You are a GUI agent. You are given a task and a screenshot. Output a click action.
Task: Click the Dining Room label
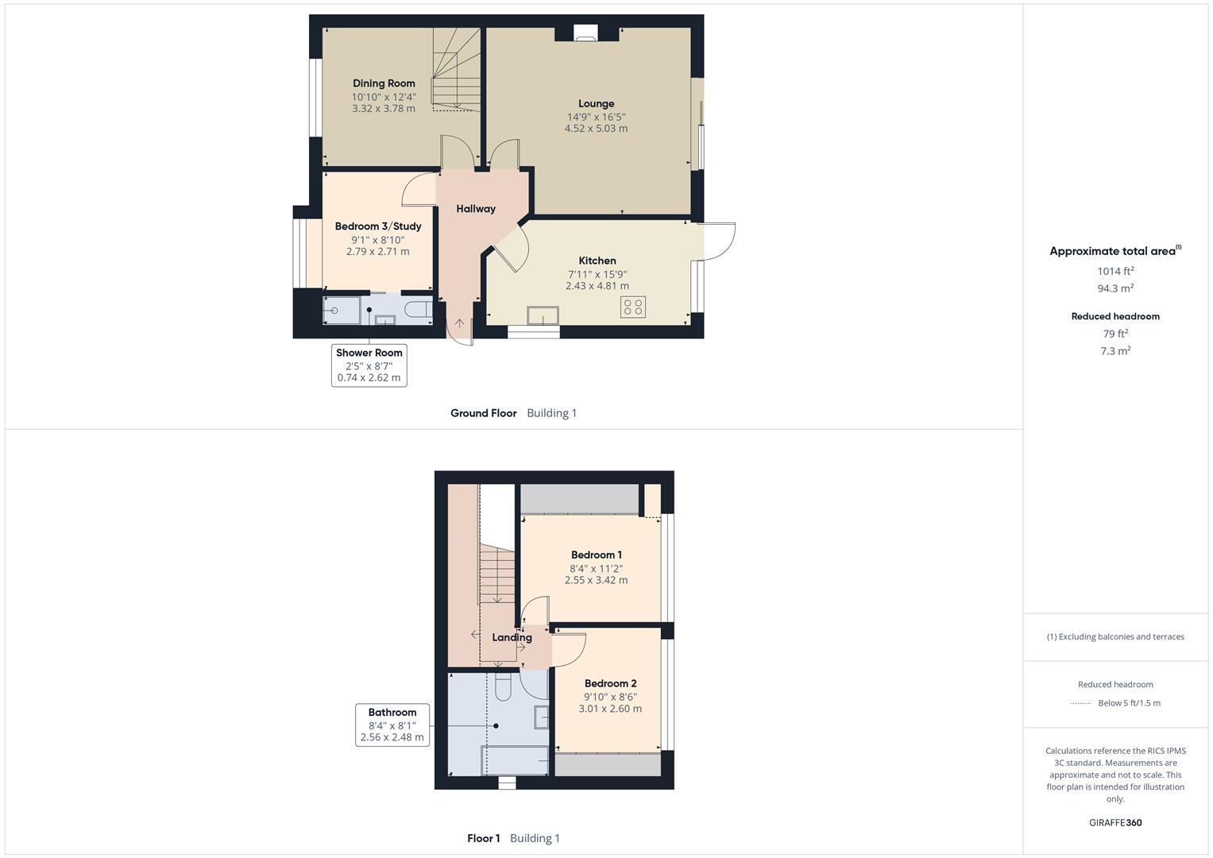pyautogui.click(x=384, y=83)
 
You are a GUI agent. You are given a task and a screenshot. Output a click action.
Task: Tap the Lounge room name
pyautogui.click(x=597, y=103)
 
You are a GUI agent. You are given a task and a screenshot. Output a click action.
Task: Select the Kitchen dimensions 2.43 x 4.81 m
pyautogui.click(x=597, y=285)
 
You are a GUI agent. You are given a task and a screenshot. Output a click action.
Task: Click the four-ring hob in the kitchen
pyautogui.click(x=632, y=307)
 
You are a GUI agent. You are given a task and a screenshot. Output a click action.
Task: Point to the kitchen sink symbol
pyautogui.click(x=543, y=316)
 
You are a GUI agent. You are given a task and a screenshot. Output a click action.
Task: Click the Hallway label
pyautogui.click(x=476, y=208)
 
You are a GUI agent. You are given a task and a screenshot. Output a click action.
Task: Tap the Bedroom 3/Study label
pyautogui.click(x=378, y=226)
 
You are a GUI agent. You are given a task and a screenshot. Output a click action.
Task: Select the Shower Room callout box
pyautogui.click(x=369, y=365)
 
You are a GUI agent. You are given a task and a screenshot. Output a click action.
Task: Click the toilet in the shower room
pyautogui.click(x=418, y=309)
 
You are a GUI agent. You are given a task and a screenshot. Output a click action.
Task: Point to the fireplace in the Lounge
pyautogui.click(x=585, y=33)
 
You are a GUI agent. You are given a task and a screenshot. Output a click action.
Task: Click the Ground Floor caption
pyautogui.click(x=484, y=413)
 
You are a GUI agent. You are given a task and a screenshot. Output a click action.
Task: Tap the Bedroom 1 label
pyautogui.click(x=597, y=555)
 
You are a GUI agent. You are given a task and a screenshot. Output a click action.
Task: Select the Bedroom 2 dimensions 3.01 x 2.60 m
pyautogui.click(x=610, y=709)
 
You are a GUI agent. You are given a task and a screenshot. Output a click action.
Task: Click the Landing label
pyautogui.click(x=512, y=637)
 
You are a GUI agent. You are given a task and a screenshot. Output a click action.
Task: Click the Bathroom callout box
pyautogui.click(x=392, y=725)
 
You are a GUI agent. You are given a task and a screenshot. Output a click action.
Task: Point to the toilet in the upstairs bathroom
pyautogui.click(x=503, y=686)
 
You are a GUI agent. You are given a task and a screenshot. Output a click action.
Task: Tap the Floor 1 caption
pyautogui.click(x=484, y=838)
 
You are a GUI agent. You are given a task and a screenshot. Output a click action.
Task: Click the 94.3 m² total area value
pyautogui.click(x=1115, y=288)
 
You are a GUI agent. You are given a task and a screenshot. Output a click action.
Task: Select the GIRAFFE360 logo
pyautogui.click(x=1115, y=823)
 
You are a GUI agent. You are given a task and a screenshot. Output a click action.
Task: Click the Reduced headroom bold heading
pyautogui.click(x=1115, y=316)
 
